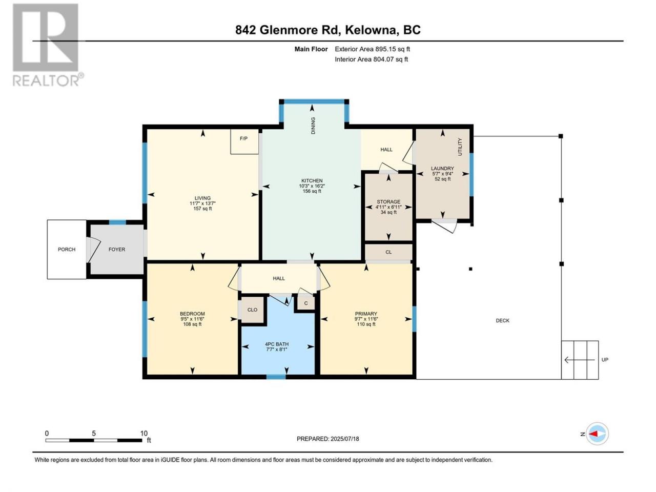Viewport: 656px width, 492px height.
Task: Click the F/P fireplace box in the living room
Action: point(244,141)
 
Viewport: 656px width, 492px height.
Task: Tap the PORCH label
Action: point(67,250)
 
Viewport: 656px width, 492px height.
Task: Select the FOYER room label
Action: point(117,250)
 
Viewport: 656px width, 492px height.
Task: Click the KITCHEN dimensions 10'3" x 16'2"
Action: point(312,186)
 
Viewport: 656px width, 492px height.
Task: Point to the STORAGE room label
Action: point(388,201)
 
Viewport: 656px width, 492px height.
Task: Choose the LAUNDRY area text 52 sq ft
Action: point(443,179)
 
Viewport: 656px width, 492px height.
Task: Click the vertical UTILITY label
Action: point(460,147)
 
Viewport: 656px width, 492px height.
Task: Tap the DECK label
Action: point(503,320)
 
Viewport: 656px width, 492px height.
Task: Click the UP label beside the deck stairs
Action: point(605,360)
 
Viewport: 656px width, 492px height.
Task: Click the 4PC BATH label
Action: point(277,344)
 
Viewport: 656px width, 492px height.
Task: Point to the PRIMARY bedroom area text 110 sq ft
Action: point(366,324)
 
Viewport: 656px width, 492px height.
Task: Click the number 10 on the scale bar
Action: point(144,434)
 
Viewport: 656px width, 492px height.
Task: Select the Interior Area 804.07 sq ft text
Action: point(371,59)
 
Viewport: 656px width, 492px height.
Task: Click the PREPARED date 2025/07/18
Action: point(344,439)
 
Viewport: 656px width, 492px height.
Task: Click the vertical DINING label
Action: point(313,126)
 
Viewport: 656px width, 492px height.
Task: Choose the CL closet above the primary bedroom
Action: point(388,252)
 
